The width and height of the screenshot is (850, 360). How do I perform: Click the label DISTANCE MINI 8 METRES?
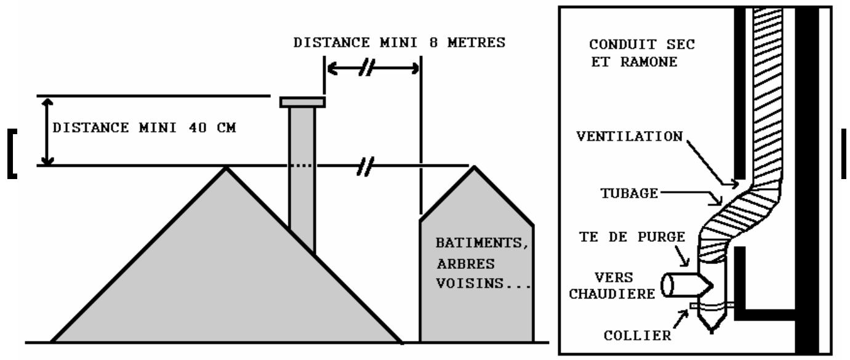[399, 44]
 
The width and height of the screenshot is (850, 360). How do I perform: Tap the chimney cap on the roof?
[302, 102]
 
